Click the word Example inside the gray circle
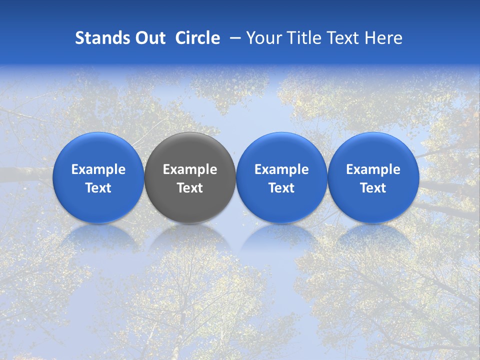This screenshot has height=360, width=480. pos(190,169)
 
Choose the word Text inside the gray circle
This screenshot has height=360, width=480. pos(190,188)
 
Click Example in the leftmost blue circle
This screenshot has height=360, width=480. pos(98,169)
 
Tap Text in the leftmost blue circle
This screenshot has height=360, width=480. pos(98,188)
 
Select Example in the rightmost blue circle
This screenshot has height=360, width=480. pos(373,169)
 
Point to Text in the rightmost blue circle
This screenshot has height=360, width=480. pos(373,188)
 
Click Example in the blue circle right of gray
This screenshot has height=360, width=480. pos(281,169)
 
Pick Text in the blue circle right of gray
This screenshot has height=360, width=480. pos(281,188)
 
